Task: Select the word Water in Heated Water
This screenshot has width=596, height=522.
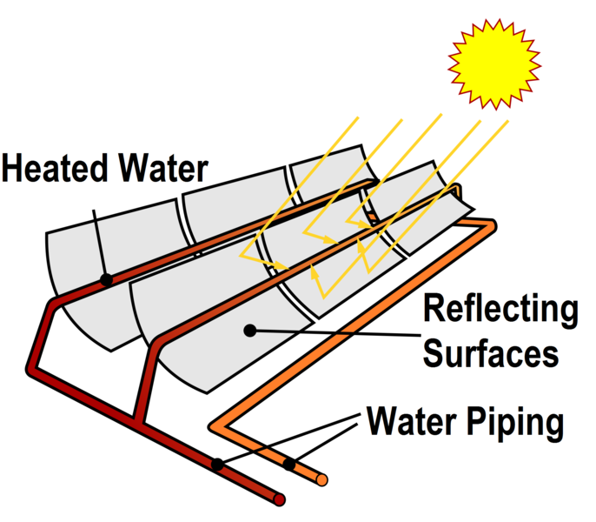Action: click(x=162, y=167)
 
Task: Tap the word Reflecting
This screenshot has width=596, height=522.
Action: click(x=499, y=310)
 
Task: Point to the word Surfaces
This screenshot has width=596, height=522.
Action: click(x=492, y=352)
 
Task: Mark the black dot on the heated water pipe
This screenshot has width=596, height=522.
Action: click(x=105, y=280)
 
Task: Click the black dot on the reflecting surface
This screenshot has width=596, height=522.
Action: click(x=250, y=330)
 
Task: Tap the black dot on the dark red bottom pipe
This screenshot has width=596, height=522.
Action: click(x=217, y=464)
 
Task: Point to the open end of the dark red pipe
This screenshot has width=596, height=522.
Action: click(x=279, y=499)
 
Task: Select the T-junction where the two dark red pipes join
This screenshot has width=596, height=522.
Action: click(x=136, y=419)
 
